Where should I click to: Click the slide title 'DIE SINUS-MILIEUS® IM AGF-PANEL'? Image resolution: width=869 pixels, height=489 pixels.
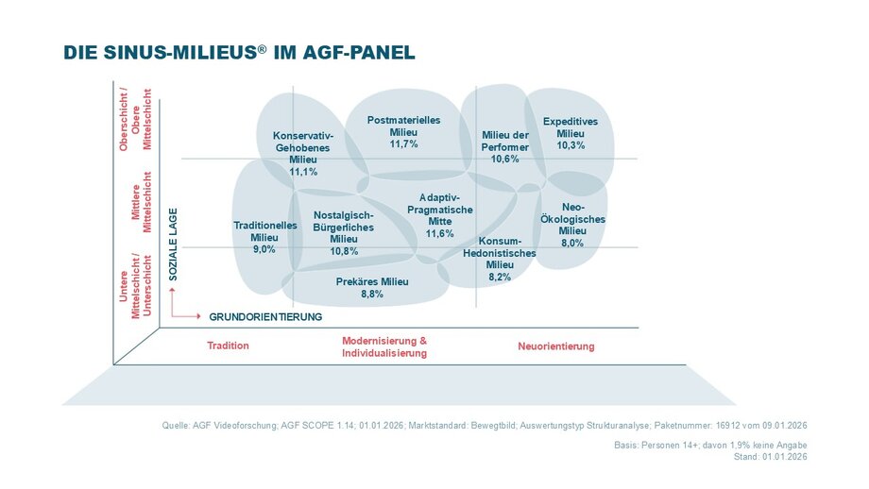coord(239,53)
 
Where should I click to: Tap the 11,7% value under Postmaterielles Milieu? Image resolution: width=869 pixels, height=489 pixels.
coord(403,144)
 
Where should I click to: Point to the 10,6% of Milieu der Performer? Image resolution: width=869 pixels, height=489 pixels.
coord(505,160)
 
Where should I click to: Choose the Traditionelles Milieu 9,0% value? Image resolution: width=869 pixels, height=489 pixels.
coord(264,250)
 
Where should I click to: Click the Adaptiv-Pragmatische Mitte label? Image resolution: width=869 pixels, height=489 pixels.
coord(440,209)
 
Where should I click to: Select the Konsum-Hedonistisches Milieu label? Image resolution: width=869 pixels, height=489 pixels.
coord(500,253)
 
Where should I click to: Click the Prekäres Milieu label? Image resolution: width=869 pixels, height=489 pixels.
coord(372,281)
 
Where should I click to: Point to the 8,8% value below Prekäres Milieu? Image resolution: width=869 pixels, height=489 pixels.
coord(372,295)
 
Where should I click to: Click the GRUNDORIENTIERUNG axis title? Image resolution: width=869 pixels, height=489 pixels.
coord(265,316)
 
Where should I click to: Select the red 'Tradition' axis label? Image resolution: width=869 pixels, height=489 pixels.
coord(229,346)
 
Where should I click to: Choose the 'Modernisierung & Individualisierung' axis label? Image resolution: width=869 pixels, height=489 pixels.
coord(384,346)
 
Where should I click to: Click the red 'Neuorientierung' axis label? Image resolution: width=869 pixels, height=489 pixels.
coord(556,346)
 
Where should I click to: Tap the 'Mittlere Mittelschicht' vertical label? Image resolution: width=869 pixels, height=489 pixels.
coord(143,196)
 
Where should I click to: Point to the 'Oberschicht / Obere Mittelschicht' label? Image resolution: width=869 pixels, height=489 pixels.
coord(134,120)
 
